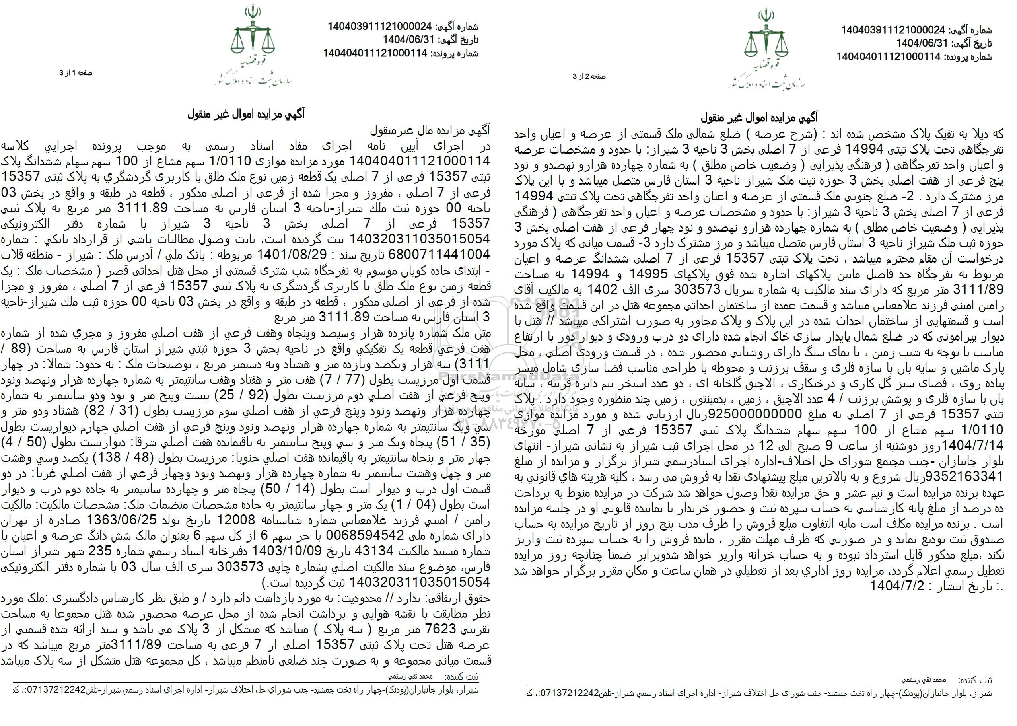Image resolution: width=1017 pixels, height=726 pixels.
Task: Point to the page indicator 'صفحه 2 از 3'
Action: (x=589, y=76)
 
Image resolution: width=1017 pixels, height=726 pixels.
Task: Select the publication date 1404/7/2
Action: (x=893, y=586)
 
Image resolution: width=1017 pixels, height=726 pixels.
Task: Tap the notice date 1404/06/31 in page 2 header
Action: (x=920, y=44)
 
